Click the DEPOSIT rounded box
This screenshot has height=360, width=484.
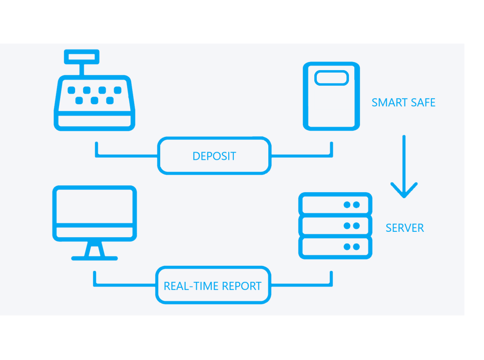coord(214,156)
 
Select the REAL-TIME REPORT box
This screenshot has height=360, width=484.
coord(213,285)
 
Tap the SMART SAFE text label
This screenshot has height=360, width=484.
coord(403,103)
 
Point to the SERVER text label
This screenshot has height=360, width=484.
coord(404,228)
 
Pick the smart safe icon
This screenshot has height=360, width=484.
coord(331,96)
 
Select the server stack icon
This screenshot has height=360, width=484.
coord(335,225)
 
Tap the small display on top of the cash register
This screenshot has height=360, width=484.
coord(82,57)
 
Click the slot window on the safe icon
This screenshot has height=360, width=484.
coord(331,78)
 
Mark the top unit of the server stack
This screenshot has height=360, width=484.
coord(335,204)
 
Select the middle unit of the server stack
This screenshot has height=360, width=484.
coord(335,225)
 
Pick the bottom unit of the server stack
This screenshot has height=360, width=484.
coord(335,247)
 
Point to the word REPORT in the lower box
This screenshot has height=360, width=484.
coord(242,286)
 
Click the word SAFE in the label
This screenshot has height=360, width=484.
coord(422,103)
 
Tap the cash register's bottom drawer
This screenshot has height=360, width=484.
coord(95,121)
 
